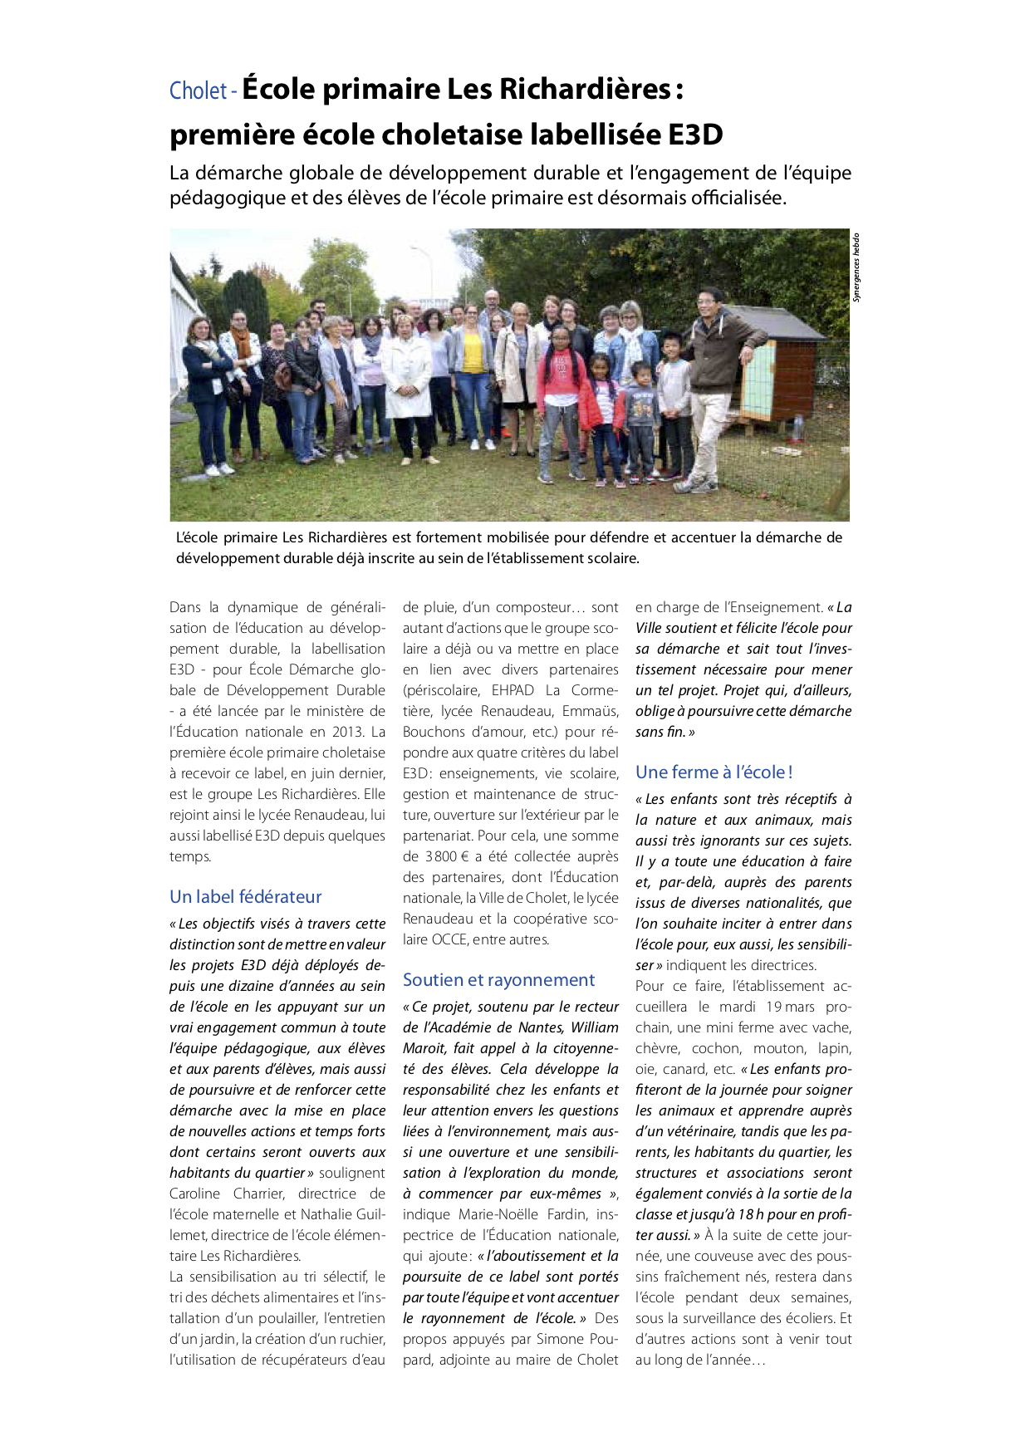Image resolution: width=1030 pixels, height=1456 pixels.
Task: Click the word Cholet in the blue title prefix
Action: (198, 91)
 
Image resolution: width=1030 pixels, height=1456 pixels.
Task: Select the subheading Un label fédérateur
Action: (245, 897)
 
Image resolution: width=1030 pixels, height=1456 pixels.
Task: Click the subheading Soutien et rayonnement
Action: (498, 980)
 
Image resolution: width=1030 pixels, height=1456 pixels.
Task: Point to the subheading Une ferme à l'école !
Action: (714, 772)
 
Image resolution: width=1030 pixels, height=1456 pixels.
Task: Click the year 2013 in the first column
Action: (349, 732)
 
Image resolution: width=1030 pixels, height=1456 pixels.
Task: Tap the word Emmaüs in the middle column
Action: (590, 711)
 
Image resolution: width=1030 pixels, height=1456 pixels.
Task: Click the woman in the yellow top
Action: (473, 365)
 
